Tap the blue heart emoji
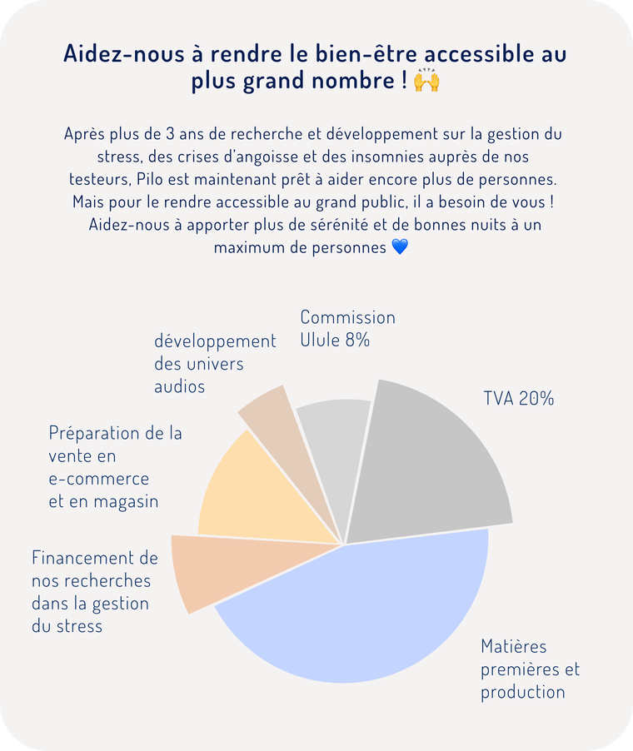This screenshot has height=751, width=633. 400,247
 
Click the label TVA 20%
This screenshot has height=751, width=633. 518,398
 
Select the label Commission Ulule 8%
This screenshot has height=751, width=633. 347,329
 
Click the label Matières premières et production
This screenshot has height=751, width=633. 530,669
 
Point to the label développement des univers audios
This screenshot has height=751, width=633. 215,364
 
